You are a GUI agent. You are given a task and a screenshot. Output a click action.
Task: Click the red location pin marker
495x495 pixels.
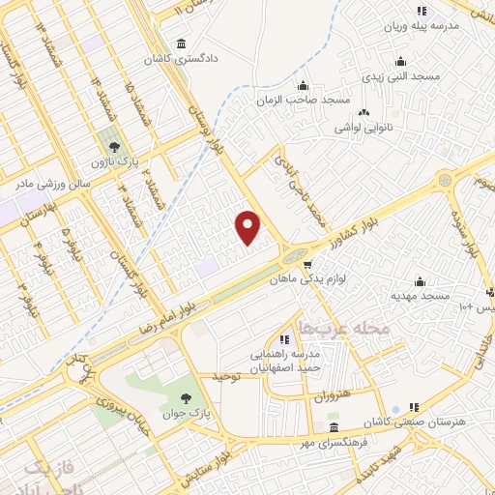point(248,226)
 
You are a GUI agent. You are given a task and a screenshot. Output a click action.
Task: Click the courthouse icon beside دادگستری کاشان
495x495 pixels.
point(182,44)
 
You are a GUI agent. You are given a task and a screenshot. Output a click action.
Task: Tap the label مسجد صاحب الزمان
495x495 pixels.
point(303,100)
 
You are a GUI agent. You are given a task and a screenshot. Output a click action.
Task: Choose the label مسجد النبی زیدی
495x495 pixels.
point(400,74)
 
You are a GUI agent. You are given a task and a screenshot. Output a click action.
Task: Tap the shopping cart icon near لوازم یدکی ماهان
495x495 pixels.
point(307,264)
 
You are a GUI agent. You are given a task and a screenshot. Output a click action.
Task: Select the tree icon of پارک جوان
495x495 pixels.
point(186,397)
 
